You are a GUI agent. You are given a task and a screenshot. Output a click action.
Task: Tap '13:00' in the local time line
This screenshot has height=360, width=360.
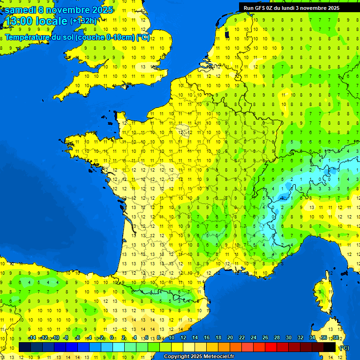(x=18, y=21)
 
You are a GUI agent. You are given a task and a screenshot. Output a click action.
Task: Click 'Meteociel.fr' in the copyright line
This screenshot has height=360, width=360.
(x=219, y=357)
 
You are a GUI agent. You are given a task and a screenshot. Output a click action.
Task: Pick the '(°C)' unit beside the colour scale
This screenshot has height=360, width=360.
(x=344, y=347)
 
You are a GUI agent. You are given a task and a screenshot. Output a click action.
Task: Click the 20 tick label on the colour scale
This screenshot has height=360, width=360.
(x=230, y=337)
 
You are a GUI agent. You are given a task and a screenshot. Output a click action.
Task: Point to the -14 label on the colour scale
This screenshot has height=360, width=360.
(x=32, y=337)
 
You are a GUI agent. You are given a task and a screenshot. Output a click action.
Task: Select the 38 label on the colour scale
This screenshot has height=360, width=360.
(x=336, y=337)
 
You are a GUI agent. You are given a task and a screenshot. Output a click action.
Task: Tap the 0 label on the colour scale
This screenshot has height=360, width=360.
(x=112, y=337)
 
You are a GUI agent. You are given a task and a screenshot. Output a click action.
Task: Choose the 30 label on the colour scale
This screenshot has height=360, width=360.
(x=289, y=337)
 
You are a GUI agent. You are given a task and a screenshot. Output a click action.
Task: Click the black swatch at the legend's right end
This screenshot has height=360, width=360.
(x=330, y=347)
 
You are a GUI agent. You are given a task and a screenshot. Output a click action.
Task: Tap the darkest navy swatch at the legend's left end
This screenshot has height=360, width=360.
(x=25, y=347)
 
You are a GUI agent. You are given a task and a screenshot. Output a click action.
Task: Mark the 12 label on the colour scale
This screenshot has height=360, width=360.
(x=183, y=337)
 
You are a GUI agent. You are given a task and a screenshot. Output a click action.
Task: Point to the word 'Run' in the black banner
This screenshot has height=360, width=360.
(x=248, y=7)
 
